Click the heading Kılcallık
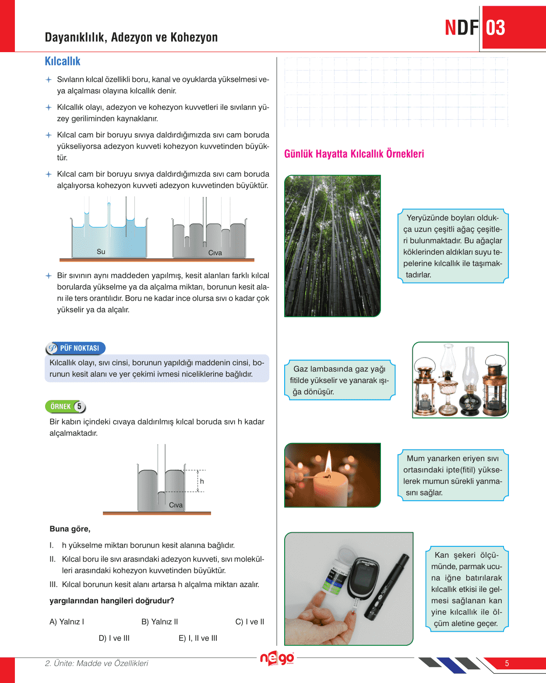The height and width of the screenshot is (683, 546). pyautogui.click(x=63, y=61)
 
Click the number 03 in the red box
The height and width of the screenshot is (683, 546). pyautogui.click(x=496, y=28)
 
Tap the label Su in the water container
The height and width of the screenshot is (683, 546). pyautogui.click(x=101, y=251)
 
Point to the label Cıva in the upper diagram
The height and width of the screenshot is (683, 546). pyautogui.click(x=215, y=253)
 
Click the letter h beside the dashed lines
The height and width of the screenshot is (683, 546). pyautogui.click(x=202, y=481)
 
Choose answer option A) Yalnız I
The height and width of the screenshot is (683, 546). pyautogui.click(x=67, y=622)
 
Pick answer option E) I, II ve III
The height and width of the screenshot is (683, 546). pyautogui.click(x=198, y=638)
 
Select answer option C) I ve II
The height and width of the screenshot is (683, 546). pyautogui.click(x=250, y=622)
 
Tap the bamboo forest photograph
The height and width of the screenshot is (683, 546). pyautogui.click(x=332, y=245)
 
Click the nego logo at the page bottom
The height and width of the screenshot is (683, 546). pyautogui.click(x=277, y=658)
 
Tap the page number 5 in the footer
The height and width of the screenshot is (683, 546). pyautogui.click(x=507, y=663)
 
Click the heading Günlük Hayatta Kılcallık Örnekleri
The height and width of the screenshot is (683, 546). pyautogui.click(x=354, y=154)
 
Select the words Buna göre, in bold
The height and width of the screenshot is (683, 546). pyautogui.click(x=70, y=529)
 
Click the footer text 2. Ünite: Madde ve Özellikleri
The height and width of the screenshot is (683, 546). pyautogui.click(x=96, y=663)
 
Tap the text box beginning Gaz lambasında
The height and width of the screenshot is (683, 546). pyautogui.click(x=339, y=380)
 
